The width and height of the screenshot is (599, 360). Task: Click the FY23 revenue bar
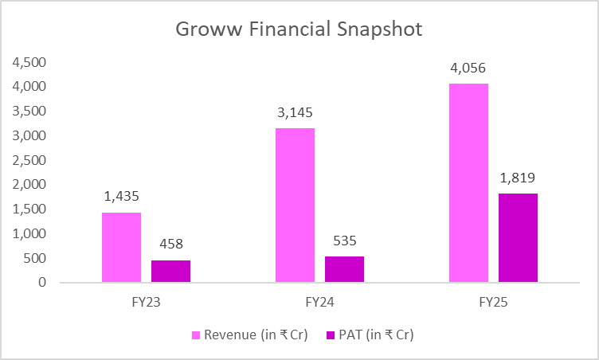[x=122, y=247]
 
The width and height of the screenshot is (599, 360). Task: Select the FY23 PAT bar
[x=170, y=272]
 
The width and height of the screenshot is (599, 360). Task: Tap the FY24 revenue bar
[x=295, y=205]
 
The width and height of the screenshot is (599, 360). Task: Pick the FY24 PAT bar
[x=345, y=269]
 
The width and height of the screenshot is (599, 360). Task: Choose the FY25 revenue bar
[x=468, y=182]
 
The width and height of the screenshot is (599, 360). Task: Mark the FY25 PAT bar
[x=518, y=237]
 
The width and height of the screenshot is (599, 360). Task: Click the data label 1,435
[x=122, y=197]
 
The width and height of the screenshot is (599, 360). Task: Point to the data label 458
[x=171, y=244]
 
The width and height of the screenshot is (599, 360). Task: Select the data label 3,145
[x=295, y=113]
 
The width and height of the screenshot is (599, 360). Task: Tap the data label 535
[x=345, y=241]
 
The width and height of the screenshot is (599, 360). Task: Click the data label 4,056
[x=468, y=68]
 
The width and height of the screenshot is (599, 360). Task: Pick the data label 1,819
[x=518, y=178]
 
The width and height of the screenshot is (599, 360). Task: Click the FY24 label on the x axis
[x=319, y=303]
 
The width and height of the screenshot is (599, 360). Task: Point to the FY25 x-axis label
[x=493, y=303]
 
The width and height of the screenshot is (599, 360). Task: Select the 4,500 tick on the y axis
[x=29, y=62]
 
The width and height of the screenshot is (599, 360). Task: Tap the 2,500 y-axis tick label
[x=29, y=160]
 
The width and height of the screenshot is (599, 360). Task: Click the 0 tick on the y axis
[x=42, y=283]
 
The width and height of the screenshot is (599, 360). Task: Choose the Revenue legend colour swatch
[x=196, y=335]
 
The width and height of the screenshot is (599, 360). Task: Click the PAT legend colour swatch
[x=331, y=335]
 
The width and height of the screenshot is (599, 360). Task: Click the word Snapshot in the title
[x=380, y=29]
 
